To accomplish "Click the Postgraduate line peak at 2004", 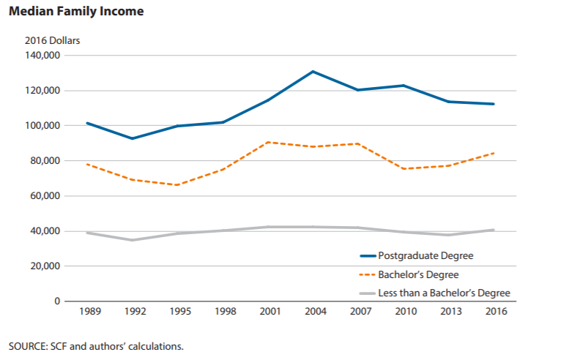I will pyautogui.click(x=313, y=72).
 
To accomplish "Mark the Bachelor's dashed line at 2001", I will pyautogui.click(x=267, y=142).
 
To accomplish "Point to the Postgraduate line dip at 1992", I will pyautogui.click(x=133, y=138).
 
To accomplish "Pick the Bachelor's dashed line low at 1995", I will pyautogui.click(x=177, y=185).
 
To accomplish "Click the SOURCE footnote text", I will pyautogui.click(x=96, y=345).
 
